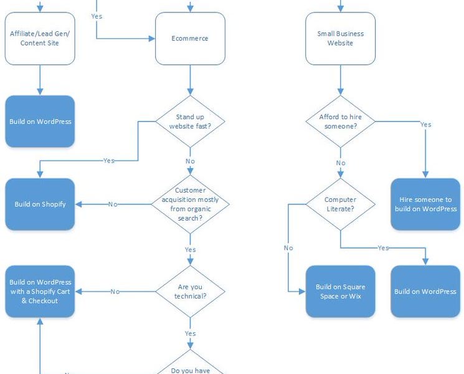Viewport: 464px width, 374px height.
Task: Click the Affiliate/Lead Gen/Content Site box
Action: [40, 39]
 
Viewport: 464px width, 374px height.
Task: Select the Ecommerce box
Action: [190, 39]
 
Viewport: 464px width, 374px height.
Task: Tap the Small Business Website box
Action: [340, 39]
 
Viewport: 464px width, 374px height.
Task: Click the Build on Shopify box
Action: [40, 204]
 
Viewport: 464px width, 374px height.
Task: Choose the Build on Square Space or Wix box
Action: [340, 291]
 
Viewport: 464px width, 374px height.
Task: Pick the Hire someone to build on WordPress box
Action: [425, 204]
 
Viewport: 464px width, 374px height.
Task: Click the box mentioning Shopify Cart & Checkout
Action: [40, 291]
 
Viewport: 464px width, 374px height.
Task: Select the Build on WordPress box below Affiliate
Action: [40, 122]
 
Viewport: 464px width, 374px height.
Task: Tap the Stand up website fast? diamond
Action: [190, 122]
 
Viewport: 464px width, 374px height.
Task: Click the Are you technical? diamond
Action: [190, 291]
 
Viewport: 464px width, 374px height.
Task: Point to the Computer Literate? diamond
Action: [340, 204]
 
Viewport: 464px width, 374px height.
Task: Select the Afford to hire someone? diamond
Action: [340, 122]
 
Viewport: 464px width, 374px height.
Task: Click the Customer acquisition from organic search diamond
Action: [190, 204]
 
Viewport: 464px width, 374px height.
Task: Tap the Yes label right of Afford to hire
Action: [425, 125]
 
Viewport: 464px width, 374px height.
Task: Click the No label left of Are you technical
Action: [115, 291]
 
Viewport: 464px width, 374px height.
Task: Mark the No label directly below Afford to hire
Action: [341, 163]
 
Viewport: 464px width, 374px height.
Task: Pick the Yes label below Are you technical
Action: [190, 333]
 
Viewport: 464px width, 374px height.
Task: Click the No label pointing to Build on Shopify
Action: [113, 204]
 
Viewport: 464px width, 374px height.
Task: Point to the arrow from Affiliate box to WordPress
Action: [40, 80]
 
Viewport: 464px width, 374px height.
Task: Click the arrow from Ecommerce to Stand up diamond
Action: [190, 80]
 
